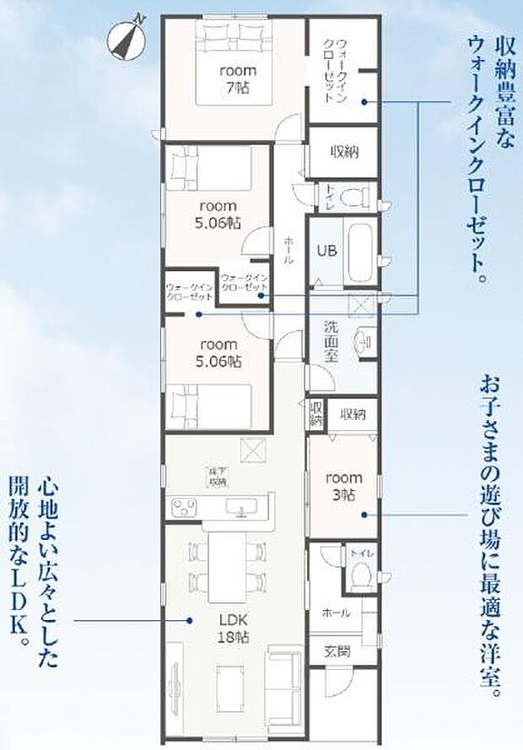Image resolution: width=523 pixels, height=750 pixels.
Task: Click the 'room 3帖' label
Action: (343, 485)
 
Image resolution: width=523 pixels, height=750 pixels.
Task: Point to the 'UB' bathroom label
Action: (326, 251)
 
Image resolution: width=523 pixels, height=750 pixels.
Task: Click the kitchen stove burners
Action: (185, 508)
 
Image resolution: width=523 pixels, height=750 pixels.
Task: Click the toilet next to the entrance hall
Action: (360, 575)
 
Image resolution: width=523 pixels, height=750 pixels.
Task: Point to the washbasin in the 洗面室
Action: (363, 340)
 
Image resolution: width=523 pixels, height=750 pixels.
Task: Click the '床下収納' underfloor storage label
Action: (218, 477)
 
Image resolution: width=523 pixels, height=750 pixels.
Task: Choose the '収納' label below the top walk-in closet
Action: (344, 153)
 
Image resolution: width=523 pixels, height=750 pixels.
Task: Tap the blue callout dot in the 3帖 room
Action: (364, 513)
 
